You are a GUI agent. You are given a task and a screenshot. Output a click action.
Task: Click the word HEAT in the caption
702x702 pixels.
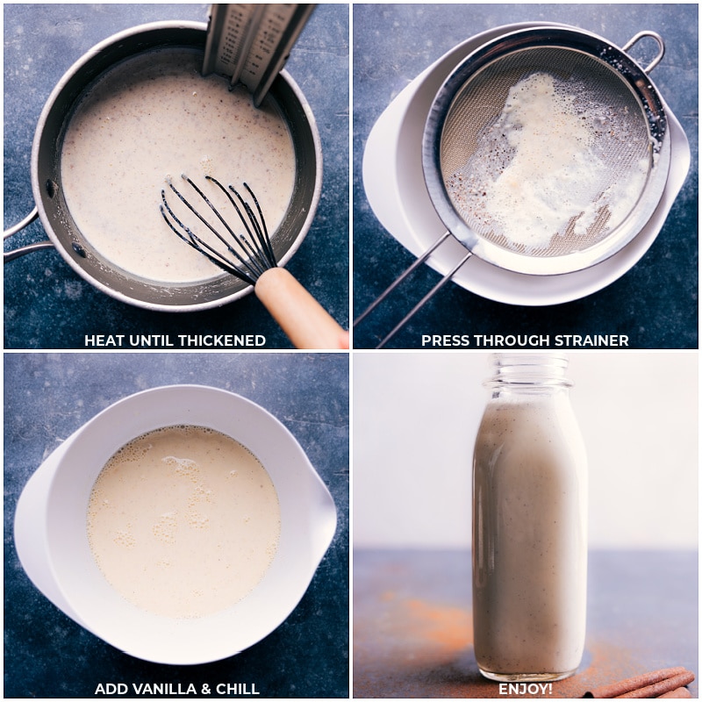(104, 340)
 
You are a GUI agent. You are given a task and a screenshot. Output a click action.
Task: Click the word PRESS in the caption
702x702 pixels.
(444, 340)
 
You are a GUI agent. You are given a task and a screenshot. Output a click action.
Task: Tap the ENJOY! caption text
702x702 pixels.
(525, 689)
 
